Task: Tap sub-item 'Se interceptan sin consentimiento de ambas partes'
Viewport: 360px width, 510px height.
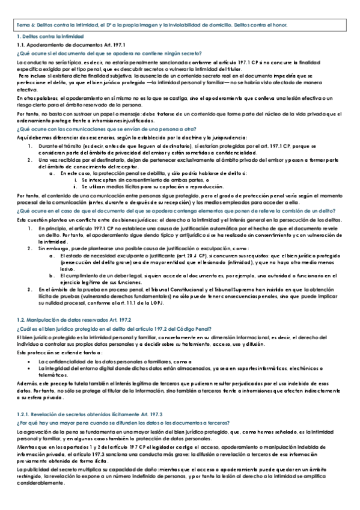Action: [145, 180]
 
